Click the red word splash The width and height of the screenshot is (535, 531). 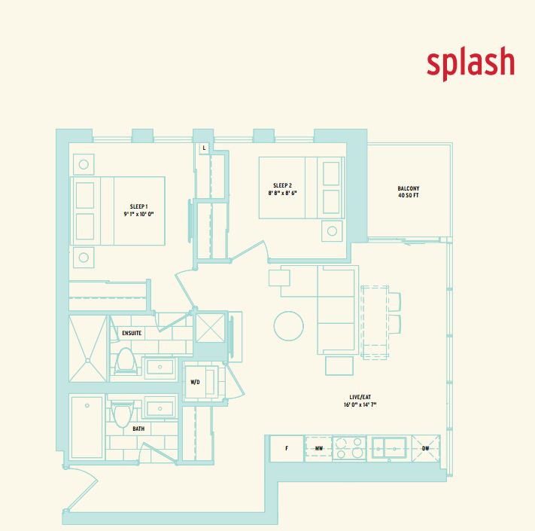(x=470, y=63)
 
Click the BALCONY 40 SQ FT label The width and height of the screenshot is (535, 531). (x=409, y=193)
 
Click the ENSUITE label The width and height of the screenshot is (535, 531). (x=132, y=333)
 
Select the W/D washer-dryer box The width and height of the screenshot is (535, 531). (x=196, y=382)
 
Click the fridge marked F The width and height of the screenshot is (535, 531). (x=287, y=448)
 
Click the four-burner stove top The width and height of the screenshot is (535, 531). (x=349, y=448)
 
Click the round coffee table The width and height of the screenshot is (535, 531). (x=289, y=327)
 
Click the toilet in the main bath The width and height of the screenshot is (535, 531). (x=122, y=414)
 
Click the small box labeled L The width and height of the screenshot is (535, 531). (x=202, y=148)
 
